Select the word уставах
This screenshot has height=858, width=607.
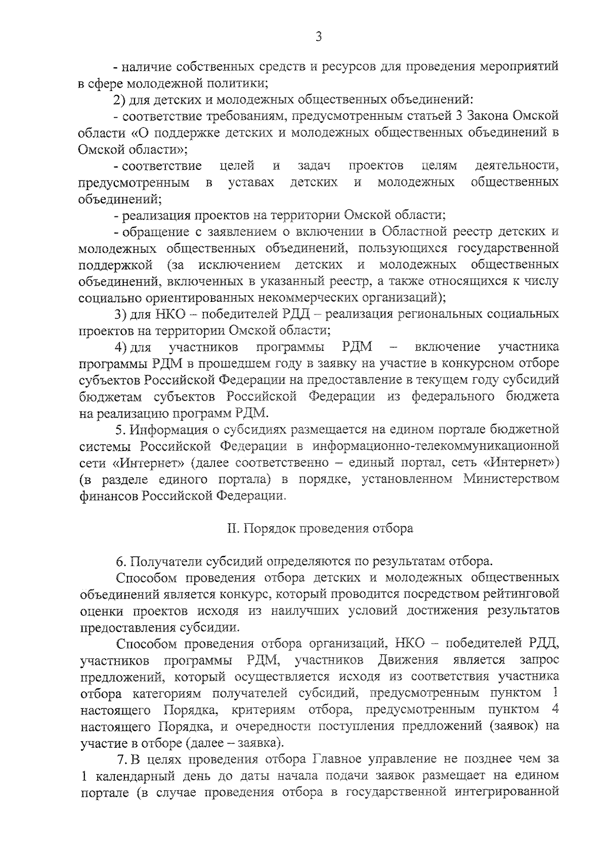251,182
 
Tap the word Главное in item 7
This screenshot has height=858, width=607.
337,760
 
